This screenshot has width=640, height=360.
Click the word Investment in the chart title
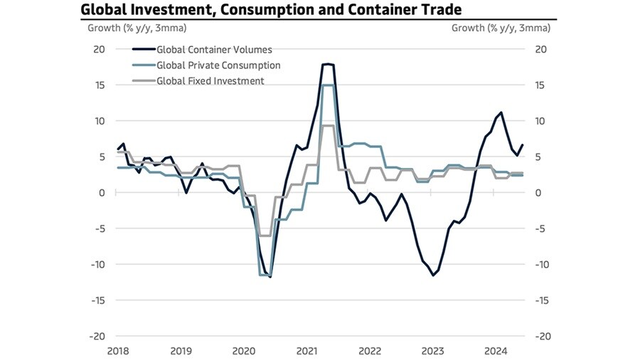161,9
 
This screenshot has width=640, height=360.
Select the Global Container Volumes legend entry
214,50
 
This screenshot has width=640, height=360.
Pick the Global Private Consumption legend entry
218,65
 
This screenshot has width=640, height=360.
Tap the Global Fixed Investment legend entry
210,81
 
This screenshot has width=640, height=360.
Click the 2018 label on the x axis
117,351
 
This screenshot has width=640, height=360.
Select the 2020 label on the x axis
243,351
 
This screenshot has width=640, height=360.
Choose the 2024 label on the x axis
495,351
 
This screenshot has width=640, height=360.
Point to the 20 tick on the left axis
100,49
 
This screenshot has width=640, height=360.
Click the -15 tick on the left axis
97,300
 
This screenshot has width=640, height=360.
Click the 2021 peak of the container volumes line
327,64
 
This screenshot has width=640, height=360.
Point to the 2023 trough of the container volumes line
432,275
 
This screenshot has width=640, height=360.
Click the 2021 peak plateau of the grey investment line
327,125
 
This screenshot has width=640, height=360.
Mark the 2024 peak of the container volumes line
501,112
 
